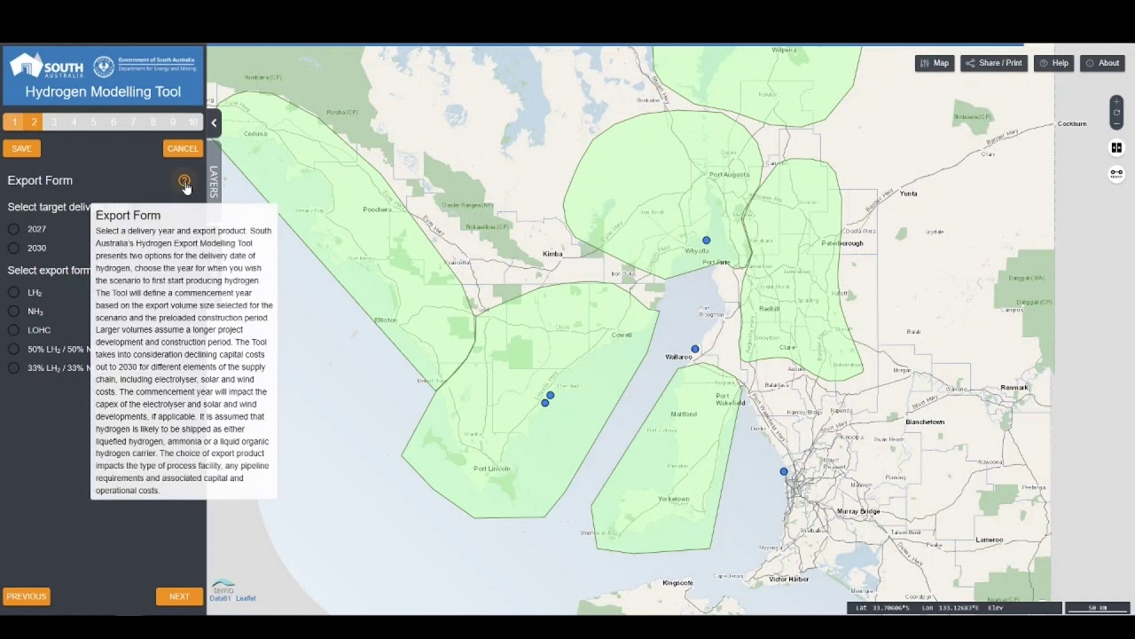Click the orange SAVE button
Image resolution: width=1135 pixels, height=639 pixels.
click(x=21, y=149)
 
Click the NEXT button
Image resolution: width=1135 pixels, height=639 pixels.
click(x=179, y=596)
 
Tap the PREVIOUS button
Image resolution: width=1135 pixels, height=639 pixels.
click(x=27, y=596)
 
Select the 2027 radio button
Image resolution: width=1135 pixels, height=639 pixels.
click(x=14, y=229)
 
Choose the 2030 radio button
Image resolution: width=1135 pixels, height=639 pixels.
click(x=14, y=248)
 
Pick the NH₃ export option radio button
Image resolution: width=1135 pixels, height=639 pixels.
click(x=14, y=312)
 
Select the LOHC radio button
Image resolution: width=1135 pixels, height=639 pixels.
click(x=14, y=330)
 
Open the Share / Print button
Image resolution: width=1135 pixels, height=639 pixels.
click(x=994, y=63)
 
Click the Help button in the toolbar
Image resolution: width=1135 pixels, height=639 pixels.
click(x=1054, y=63)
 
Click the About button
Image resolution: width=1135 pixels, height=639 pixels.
click(x=1102, y=63)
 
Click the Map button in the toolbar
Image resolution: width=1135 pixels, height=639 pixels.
click(x=935, y=63)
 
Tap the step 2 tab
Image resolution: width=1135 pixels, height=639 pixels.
click(x=34, y=122)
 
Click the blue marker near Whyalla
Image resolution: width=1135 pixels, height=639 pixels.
click(x=707, y=241)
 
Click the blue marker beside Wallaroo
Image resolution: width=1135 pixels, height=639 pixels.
click(x=695, y=350)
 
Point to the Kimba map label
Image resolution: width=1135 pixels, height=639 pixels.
click(x=552, y=255)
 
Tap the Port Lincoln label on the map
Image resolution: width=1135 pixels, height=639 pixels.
click(x=491, y=469)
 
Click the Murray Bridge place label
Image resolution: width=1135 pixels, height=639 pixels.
click(x=858, y=512)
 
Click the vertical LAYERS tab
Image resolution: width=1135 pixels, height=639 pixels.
click(x=213, y=181)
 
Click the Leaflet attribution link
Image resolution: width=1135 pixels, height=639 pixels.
click(x=246, y=598)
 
